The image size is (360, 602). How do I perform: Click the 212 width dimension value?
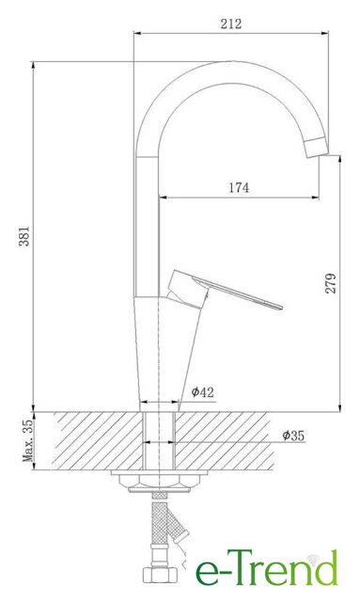point(231,24)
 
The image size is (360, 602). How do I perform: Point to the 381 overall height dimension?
point(24,236)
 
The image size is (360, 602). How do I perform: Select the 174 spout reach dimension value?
point(239,188)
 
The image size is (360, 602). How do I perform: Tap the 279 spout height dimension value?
point(331,283)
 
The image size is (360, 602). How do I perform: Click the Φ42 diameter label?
point(202,392)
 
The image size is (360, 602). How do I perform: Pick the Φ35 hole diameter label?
point(293,436)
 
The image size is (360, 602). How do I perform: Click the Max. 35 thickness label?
point(28,441)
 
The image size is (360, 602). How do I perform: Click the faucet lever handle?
point(225,289)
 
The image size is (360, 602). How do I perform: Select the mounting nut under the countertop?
point(159,483)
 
